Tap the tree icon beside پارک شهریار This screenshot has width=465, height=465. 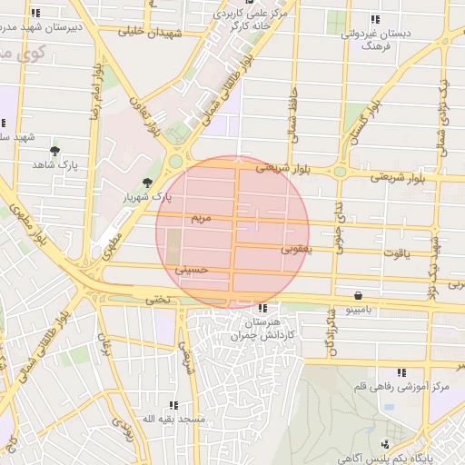147,183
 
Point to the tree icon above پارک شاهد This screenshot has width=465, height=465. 55,151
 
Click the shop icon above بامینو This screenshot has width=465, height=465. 358,296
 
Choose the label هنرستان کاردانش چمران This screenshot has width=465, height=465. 263,329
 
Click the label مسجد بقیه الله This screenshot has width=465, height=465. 171,419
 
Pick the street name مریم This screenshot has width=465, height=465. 202,219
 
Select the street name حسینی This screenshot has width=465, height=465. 195,270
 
